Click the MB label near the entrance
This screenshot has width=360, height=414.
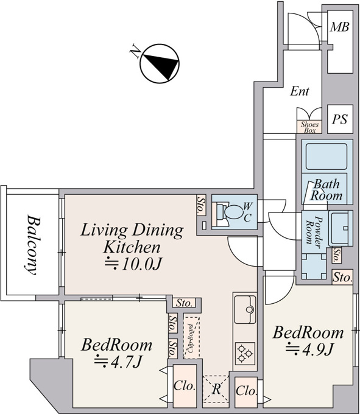(340, 27)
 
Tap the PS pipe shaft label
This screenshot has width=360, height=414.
(340, 119)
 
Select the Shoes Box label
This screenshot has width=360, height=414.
(309, 127)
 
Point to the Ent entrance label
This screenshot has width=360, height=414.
(300, 91)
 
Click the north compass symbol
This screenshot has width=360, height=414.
(159, 63)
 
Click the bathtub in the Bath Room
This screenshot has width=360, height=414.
(326, 156)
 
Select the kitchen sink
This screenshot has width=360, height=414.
(245, 309)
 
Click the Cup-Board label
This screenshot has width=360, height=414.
(191, 339)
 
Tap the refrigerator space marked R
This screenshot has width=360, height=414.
(216, 389)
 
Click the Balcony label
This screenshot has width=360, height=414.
(32, 245)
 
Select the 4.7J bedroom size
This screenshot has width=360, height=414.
(119, 362)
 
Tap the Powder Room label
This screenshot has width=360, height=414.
(314, 231)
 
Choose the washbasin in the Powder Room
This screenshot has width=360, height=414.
(341, 228)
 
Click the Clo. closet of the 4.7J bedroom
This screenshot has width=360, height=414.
(185, 386)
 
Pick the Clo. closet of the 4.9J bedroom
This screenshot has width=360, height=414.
(246, 391)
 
